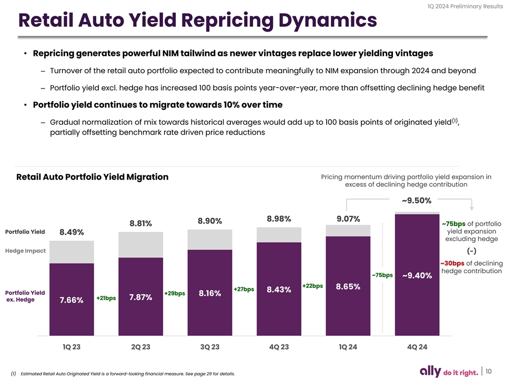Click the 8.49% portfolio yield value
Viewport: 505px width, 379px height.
[72, 233]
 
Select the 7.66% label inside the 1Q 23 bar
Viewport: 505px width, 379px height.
[72, 300]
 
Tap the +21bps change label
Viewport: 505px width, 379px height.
[106, 298]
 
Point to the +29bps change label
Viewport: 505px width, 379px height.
[175, 293]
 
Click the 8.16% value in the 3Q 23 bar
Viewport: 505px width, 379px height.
[209, 293]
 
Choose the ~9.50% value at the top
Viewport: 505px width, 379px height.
[417, 201]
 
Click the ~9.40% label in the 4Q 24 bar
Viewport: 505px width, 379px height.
[417, 275]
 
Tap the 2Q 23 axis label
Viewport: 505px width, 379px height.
[140, 347]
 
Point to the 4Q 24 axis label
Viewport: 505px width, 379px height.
[417, 347]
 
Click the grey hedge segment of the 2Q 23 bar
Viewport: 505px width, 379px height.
[140, 245]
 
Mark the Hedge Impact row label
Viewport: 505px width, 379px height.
[25, 251]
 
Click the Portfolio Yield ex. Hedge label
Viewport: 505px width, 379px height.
[25, 296]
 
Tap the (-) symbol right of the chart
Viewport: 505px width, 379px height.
[471, 250]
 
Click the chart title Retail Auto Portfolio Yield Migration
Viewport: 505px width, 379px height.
[93, 177]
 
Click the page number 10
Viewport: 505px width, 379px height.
[488, 371]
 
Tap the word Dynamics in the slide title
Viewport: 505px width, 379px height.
[311, 21]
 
